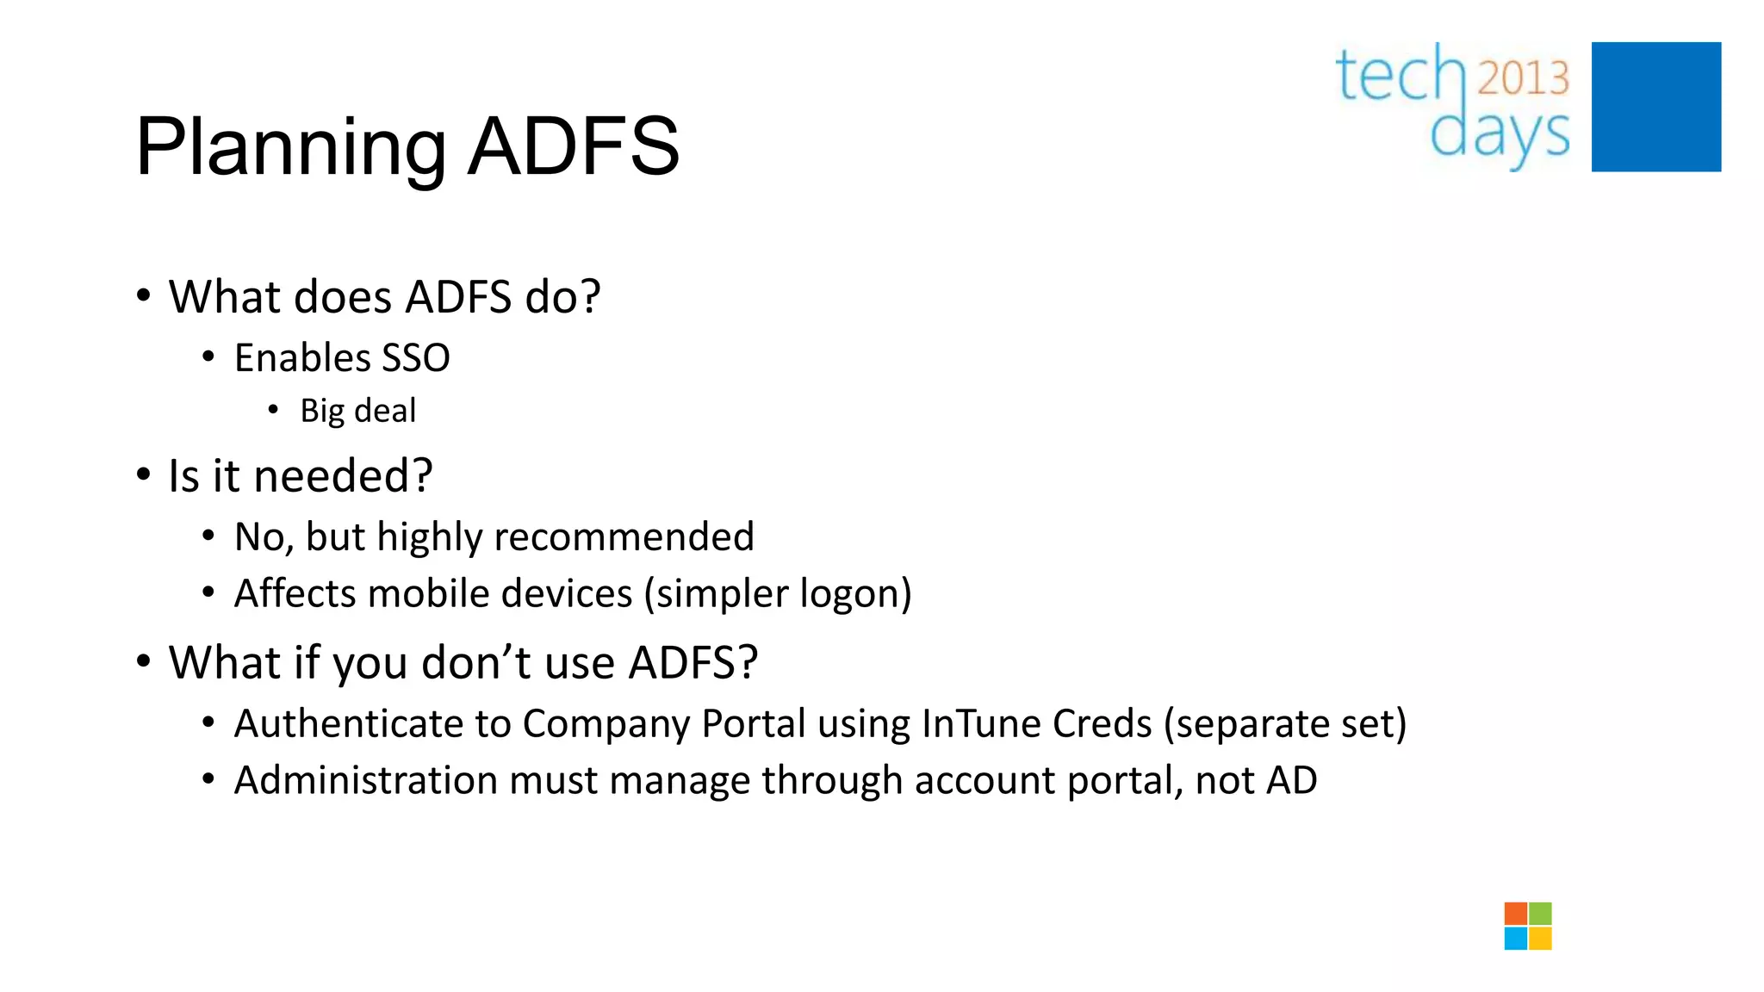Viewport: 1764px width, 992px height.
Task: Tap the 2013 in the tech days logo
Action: coord(1524,78)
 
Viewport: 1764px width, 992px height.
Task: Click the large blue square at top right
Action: coord(1655,107)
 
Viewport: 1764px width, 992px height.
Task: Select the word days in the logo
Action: coord(1500,135)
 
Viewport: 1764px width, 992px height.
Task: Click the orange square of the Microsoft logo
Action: coord(1516,914)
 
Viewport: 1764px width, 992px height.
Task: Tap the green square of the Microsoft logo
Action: coord(1541,914)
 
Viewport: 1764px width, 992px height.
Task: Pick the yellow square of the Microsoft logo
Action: coord(1541,939)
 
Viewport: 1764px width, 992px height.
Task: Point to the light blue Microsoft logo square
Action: coord(1516,939)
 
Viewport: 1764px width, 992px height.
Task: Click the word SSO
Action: coord(416,358)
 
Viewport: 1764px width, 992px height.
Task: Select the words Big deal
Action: coord(357,411)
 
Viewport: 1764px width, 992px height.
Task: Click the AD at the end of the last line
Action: coord(1291,780)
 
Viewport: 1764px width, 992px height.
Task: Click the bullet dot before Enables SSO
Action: coord(208,356)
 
